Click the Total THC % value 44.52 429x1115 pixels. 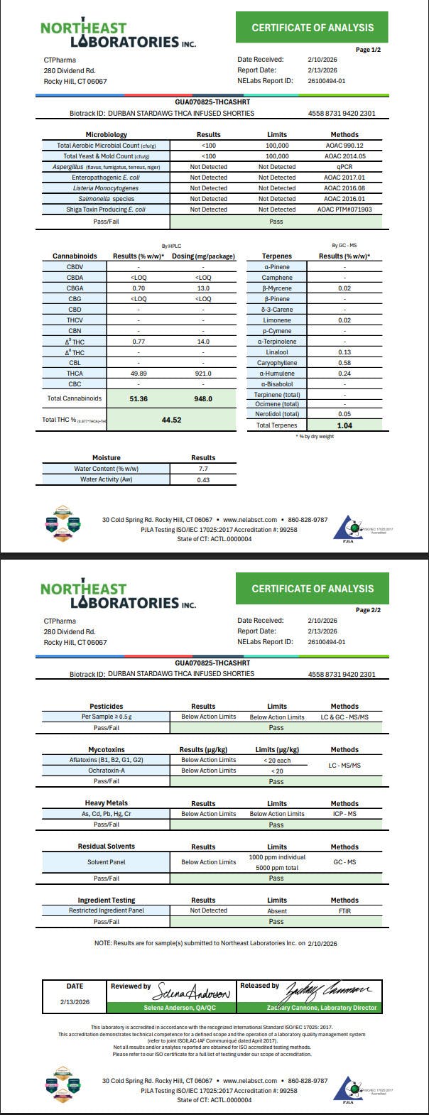(x=172, y=420)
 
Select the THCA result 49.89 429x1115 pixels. (x=139, y=374)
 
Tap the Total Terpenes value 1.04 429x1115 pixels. (x=344, y=425)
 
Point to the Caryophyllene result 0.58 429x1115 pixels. (x=344, y=363)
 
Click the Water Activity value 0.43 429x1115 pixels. (x=203, y=480)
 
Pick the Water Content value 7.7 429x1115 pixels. (x=203, y=469)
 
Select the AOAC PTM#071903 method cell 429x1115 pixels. (x=344, y=210)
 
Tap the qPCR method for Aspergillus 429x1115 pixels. (x=344, y=167)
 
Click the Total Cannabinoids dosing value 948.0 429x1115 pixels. (x=203, y=399)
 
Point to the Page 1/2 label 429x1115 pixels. (x=368, y=50)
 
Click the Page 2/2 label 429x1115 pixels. (x=368, y=610)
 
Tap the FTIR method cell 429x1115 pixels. (x=344, y=910)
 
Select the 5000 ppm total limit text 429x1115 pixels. (x=277, y=867)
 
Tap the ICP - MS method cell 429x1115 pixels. (x=344, y=814)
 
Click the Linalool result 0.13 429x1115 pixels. (x=344, y=352)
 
